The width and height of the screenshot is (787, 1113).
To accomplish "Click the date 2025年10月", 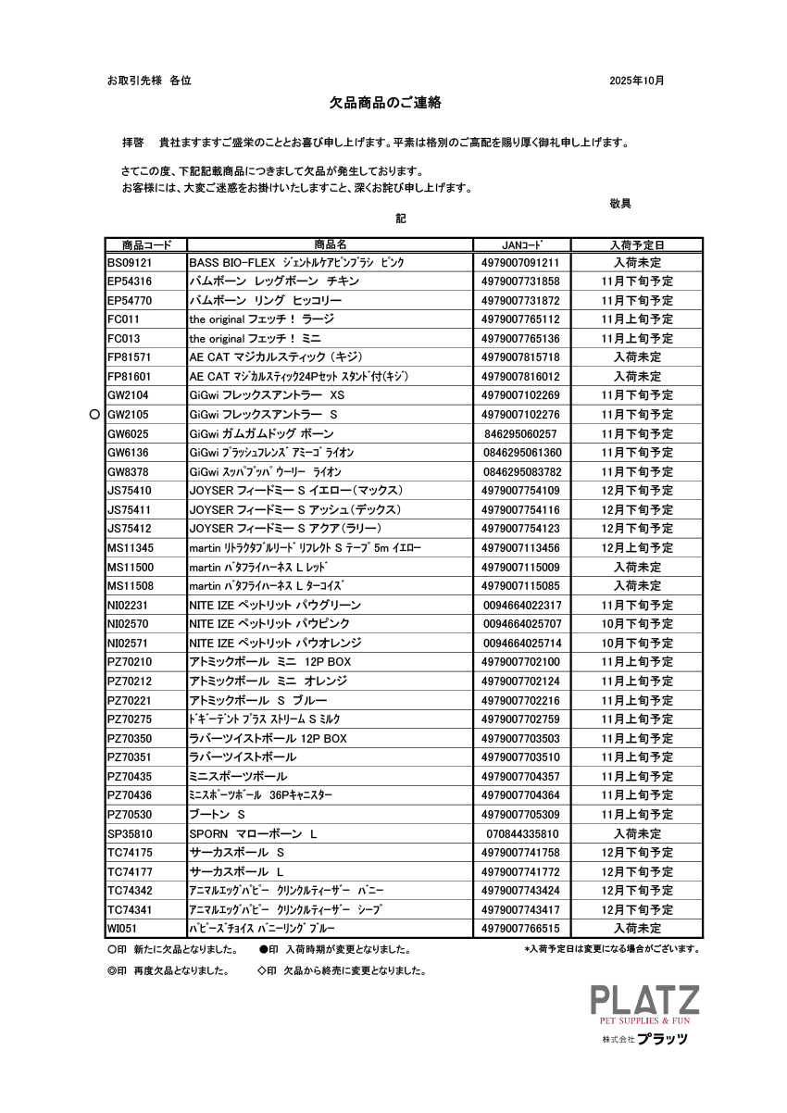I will [636, 81].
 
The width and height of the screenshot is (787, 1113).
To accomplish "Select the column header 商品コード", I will [146, 245].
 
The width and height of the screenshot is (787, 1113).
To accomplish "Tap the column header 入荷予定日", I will [636, 245].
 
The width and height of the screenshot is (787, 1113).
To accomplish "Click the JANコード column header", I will [521, 245].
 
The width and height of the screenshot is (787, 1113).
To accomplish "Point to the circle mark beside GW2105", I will [94, 415].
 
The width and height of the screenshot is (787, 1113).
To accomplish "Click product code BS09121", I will [130, 263].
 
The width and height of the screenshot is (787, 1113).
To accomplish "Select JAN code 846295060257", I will [521, 433].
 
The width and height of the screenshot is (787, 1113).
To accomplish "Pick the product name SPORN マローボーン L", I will [253, 833].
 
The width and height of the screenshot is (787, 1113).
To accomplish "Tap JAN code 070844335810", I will [521, 833].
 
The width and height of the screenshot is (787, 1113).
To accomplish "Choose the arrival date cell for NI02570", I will [636, 624].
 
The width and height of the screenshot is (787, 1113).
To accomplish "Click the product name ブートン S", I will [217, 815].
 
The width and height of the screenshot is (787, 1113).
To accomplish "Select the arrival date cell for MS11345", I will [636, 548].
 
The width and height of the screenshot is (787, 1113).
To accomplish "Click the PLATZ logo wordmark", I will [645, 1000].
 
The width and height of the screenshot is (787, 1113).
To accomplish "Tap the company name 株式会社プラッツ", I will [645, 1039].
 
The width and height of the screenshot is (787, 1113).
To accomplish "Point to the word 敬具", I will [620, 204].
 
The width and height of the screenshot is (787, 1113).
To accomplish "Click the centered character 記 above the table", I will [401, 219].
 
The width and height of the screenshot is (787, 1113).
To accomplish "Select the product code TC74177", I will [130, 872].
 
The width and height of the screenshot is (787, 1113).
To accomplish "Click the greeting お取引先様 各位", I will [149, 81].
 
